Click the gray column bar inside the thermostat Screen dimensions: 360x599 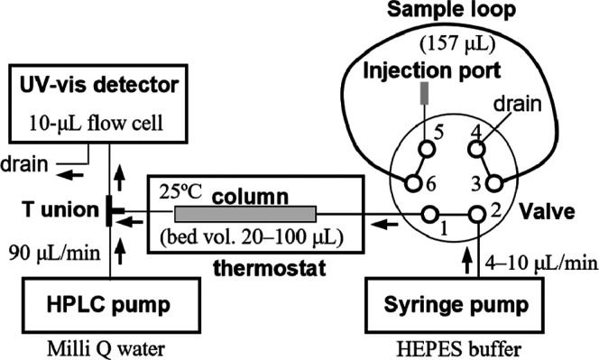[244, 214]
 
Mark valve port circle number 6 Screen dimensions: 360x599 [413, 183]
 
